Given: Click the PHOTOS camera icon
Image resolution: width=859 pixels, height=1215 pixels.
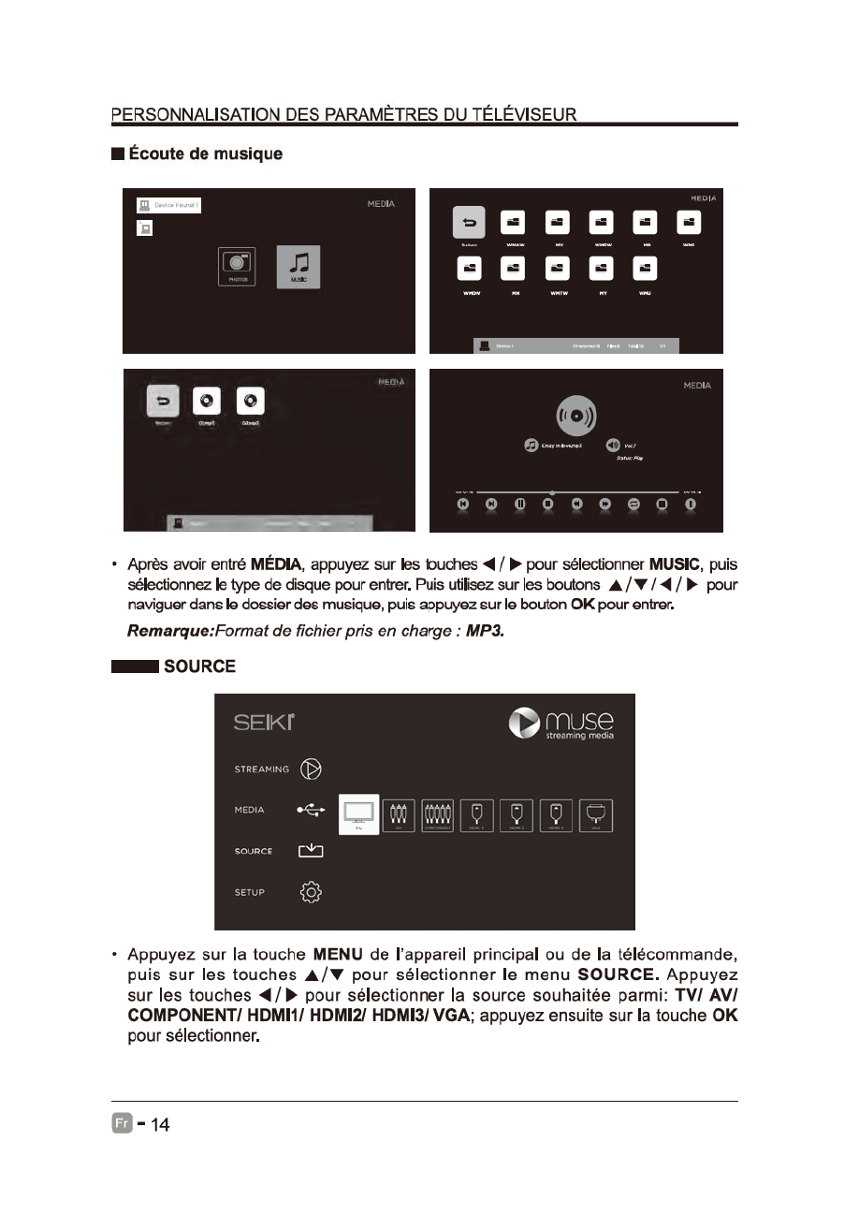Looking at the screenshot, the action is [x=238, y=267].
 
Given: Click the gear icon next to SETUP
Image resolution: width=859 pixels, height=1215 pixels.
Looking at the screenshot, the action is [x=310, y=892].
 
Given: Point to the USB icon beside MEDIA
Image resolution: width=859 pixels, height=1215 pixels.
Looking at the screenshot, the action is [x=310, y=811].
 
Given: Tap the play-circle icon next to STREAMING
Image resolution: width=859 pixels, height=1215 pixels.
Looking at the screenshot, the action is [x=310, y=769].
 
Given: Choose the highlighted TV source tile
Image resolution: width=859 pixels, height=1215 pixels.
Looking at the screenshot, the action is [x=358, y=814].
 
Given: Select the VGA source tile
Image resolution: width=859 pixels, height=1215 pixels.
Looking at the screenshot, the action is [x=595, y=814].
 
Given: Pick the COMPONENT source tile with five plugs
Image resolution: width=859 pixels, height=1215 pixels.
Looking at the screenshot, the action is [x=438, y=814].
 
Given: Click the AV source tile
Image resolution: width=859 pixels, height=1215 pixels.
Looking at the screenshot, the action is [x=399, y=814].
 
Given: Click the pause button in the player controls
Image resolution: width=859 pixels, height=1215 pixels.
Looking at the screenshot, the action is [x=519, y=505].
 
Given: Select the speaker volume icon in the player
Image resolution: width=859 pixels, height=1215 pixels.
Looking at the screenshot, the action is [x=613, y=445].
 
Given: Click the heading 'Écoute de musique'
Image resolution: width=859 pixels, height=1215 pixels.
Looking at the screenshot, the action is [x=205, y=154].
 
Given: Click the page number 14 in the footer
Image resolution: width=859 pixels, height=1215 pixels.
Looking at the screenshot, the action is [x=160, y=1124].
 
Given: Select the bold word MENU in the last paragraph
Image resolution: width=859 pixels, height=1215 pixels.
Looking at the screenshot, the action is [x=338, y=955].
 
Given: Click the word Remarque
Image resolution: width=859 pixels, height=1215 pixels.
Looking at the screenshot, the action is [x=170, y=632].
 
